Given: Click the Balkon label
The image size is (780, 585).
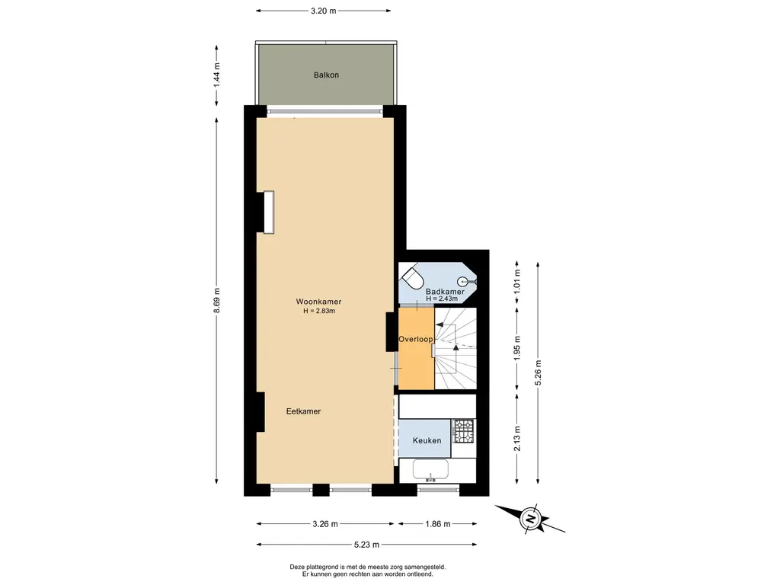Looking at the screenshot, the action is (326, 75).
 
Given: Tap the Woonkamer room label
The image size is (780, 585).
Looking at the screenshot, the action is (318, 302).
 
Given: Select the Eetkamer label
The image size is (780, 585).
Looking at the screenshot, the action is (303, 411).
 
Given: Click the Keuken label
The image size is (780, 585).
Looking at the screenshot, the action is (427, 441).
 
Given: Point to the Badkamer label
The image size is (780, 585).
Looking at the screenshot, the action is (445, 292).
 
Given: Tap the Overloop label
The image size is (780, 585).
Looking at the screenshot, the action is (415, 339).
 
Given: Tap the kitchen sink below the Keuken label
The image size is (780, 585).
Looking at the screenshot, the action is (431, 470).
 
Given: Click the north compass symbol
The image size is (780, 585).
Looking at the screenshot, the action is (531, 518).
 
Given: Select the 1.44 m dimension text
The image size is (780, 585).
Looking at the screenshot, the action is (217, 75).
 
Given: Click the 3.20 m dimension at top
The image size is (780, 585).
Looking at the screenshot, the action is (323, 11).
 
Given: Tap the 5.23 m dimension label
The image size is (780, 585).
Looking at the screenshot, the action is (366, 545).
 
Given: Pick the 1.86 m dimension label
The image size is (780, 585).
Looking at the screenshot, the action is (438, 524).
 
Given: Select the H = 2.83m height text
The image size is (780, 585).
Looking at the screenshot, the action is (319, 311).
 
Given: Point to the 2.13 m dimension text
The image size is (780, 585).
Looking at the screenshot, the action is (517, 439).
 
